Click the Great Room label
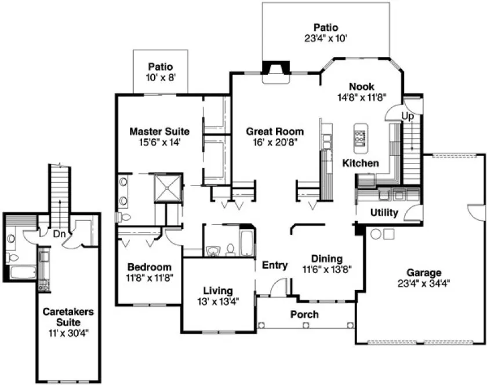[x=274, y=132]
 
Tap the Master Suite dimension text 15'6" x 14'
[x=159, y=141]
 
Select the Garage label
[x=423, y=273]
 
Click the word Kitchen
[x=360, y=164]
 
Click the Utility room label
[x=384, y=213]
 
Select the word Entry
[x=275, y=266]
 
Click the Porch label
[x=304, y=314]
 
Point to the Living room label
[x=217, y=290]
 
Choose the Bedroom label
[x=149, y=267]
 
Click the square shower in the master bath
[x=168, y=187]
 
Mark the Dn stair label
[x=59, y=235]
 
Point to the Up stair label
[x=408, y=116]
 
